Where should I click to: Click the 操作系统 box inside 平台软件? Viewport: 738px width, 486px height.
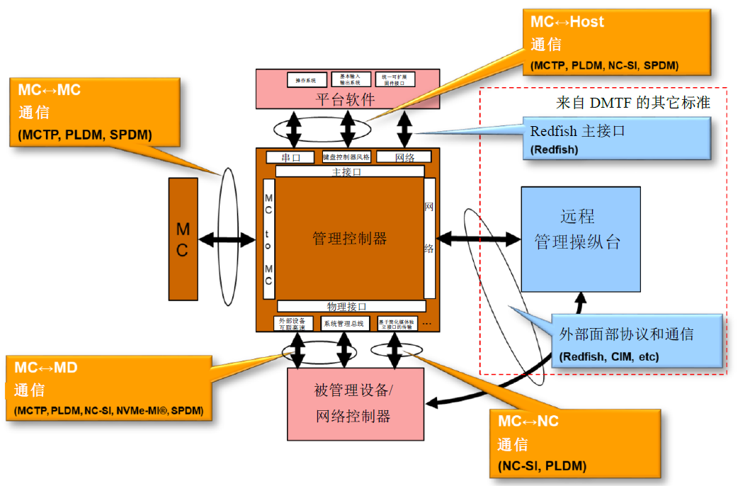pyautogui.click(x=307, y=79)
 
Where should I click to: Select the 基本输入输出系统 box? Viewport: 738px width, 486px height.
pyautogui.click(x=350, y=79)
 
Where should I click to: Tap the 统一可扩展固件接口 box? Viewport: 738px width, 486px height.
pyautogui.click(x=394, y=79)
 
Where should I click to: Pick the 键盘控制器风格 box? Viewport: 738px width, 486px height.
pyautogui.click(x=346, y=157)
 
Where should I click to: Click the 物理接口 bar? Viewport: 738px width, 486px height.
pyautogui.click(x=351, y=306)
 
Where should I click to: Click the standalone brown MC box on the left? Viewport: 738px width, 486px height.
pyautogui.click(x=182, y=239)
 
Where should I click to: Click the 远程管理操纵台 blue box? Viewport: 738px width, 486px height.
pyautogui.click(x=581, y=239)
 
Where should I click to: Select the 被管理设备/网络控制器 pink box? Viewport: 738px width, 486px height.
pyautogui.click(x=356, y=403)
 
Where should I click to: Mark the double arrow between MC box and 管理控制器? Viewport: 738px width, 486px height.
pyautogui.click(x=226, y=239)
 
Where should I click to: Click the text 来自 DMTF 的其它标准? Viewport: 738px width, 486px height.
pyautogui.click(x=632, y=103)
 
